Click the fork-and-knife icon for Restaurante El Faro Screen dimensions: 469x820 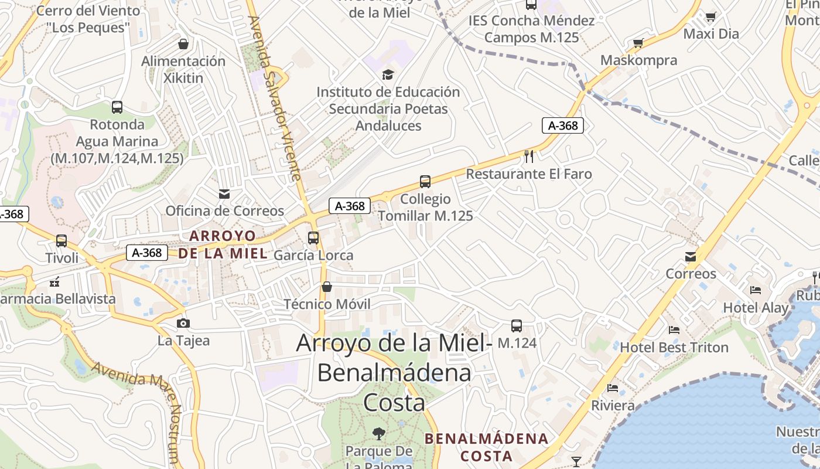coord(529,156)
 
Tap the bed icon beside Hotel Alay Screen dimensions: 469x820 coord(756,290)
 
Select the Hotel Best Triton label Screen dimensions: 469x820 coord(674,347)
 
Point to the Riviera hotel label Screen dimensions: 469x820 coord(613,405)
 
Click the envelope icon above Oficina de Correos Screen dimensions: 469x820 coord(224,193)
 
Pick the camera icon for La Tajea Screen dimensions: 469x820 coord(183,323)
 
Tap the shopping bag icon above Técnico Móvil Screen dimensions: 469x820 coord(327,287)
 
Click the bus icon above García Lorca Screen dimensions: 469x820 coord(313,237)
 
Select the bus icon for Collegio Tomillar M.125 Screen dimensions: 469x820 coord(425,182)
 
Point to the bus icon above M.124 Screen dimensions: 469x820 coord(516,325)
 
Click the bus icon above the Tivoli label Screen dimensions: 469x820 coord(61,240)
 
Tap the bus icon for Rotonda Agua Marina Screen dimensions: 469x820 coord(117,107)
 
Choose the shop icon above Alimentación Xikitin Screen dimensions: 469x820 coord(183,44)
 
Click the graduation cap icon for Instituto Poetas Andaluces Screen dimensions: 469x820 coord(388,74)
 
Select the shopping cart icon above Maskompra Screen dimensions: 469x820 coord(638,43)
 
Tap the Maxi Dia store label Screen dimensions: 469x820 coord(711,33)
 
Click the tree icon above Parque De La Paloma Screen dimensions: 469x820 coord(379,434)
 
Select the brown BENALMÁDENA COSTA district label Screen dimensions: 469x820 coord(486,447)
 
